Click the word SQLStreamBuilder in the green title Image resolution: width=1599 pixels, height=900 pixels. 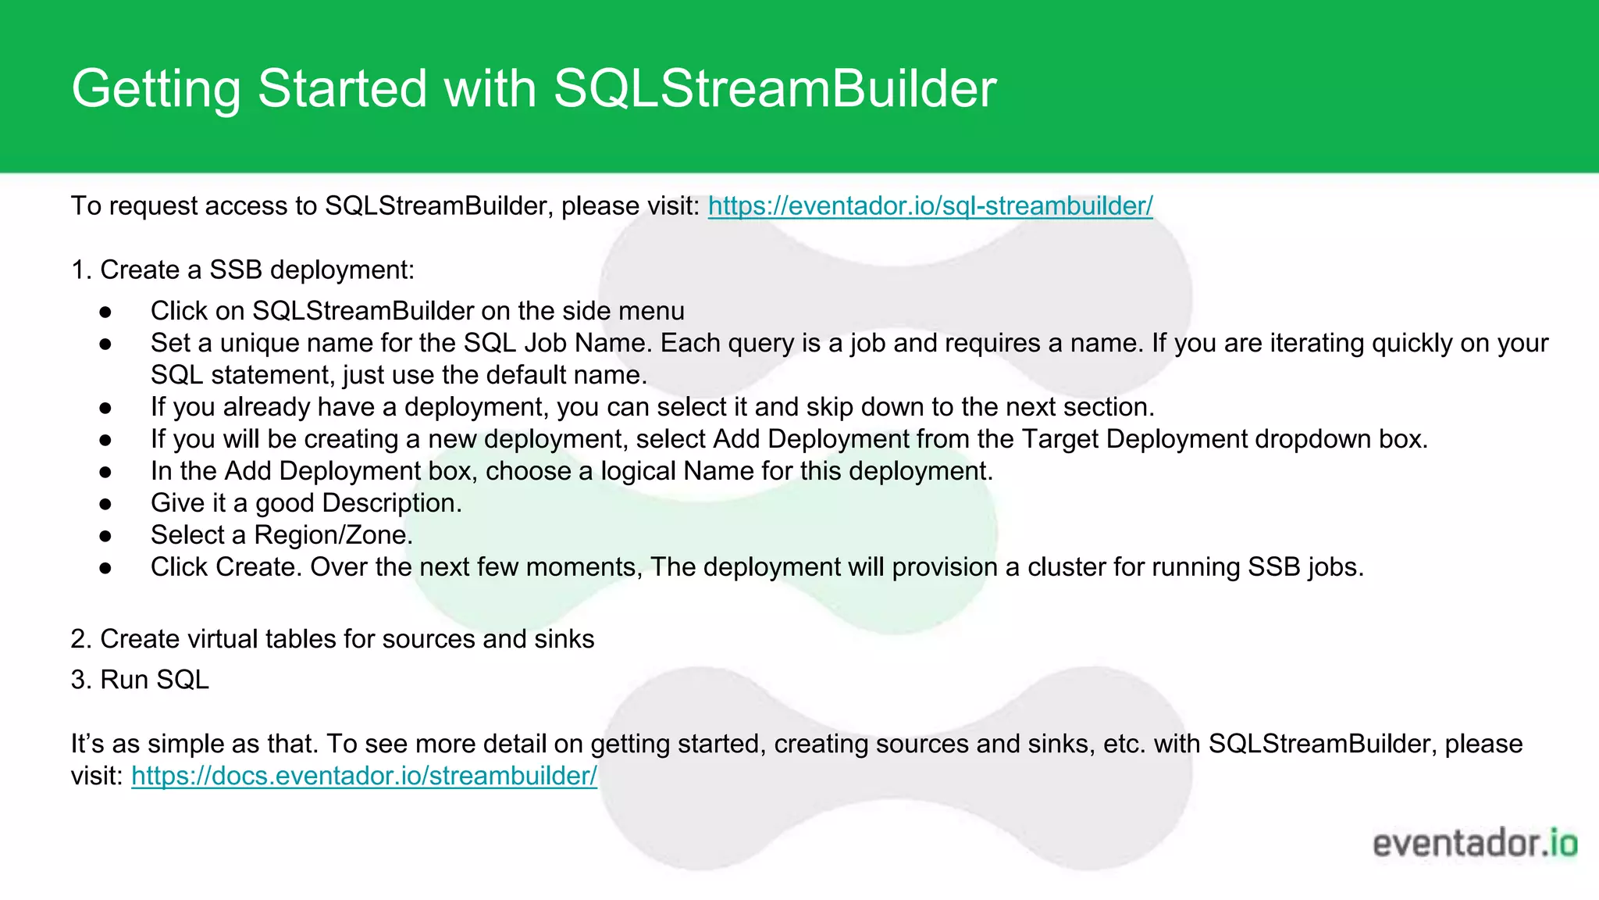(775, 87)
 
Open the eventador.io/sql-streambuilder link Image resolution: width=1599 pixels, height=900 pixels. (930, 206)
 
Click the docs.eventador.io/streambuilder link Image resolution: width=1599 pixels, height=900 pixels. (364, 776)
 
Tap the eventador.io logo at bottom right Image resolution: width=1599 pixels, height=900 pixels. (1475, 844)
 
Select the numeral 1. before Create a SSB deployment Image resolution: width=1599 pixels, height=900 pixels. (81, 270)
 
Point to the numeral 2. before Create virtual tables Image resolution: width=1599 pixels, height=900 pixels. (81, 639)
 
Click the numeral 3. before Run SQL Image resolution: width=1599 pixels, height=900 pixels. (81, 680)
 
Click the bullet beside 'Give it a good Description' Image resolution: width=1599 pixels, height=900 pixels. (106, 505)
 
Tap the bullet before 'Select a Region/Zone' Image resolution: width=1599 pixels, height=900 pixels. (106, 537)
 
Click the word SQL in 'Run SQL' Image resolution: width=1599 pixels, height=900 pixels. (183, 680)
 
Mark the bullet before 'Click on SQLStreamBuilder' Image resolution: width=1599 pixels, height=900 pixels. (106, 312)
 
